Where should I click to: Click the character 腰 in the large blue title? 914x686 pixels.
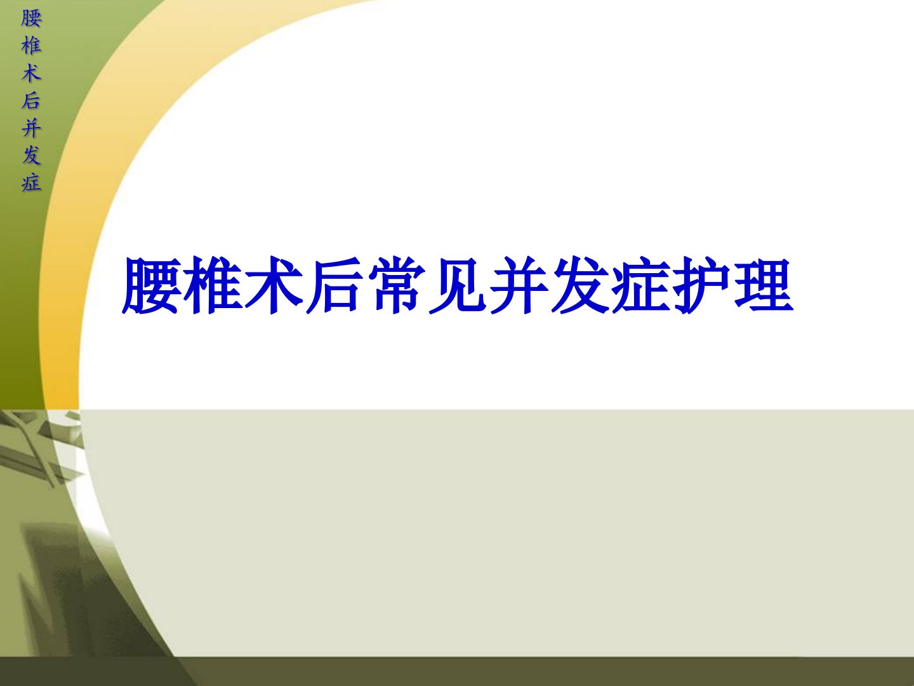click(152, 286)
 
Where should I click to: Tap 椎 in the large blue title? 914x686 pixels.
click(213, 286)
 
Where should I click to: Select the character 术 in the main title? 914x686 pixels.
click(274, 286)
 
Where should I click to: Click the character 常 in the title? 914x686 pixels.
click(396, 286)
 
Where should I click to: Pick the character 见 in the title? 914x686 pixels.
click(457, 286)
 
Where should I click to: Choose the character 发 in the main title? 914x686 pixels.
click(580, 286)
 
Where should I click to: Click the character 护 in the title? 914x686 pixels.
click(702, 286)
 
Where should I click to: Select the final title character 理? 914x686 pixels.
click(764, 286)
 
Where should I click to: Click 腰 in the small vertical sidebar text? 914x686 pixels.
click(31, 19)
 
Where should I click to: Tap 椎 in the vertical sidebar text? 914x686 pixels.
click(31, 46)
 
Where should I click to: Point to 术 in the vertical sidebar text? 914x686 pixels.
click(31, 74)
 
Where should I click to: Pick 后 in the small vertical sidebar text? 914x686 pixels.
click(31, 101)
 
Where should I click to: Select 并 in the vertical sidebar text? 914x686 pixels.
click(31, 128)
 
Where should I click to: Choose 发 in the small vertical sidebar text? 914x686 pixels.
click(31, 156)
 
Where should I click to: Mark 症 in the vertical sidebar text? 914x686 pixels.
click(31, 183)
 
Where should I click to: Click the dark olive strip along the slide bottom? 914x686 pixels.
click(541, 671)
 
